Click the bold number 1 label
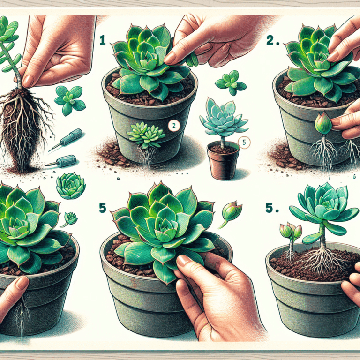pyautogui.click(x=103, y=41)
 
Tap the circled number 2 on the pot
pyautogui.click(x=173, y=125)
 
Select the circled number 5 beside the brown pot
pyautogui.click(x=242, y=141)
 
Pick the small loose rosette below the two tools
pyautogui.click(x=70, y=186)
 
